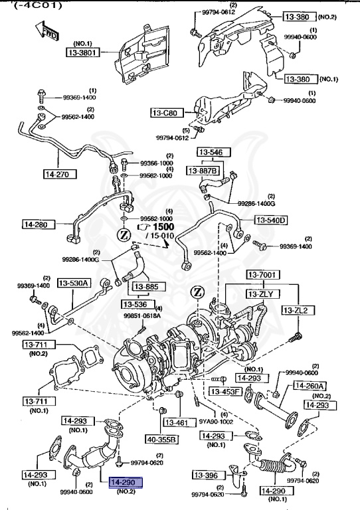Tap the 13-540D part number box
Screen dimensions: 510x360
tap(270, 220)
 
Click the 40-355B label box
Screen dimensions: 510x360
tap(162, 439)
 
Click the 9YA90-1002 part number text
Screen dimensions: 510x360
tap(215, 420)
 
